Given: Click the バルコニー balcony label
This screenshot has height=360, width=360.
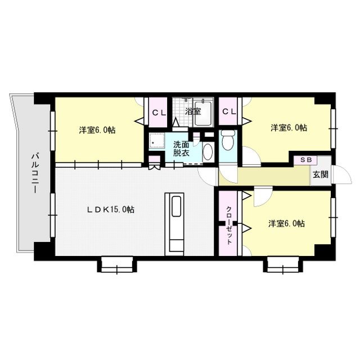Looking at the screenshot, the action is pos(35,173).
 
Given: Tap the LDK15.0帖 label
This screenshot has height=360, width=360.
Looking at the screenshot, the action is pos(111,209).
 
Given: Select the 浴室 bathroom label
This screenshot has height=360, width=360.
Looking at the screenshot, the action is pos(193,111).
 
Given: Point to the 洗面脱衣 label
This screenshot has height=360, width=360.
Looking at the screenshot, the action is pos(181,148).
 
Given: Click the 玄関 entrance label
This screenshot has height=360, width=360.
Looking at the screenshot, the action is pos(321,174).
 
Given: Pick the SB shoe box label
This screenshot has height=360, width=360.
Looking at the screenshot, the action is pos(306,160).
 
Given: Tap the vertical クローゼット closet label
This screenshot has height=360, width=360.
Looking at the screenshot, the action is pos(229,226).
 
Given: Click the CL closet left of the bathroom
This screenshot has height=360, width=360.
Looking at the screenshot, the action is pos(159,112).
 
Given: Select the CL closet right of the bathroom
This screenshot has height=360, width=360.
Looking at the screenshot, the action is pos(229,112).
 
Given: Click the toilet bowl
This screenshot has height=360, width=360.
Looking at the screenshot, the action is pos(228,140).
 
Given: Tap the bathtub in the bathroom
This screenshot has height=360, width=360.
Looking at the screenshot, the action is pos(203,112).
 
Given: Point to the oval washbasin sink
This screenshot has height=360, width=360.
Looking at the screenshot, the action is pos(208,152).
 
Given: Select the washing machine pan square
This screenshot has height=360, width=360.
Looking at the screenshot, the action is pos(157,141).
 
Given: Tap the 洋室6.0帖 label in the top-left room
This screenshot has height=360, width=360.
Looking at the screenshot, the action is pos(97,130).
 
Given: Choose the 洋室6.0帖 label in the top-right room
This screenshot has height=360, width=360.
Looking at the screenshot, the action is pos(289,128).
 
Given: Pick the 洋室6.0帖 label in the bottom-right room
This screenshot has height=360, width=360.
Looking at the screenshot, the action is pos(287,223).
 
